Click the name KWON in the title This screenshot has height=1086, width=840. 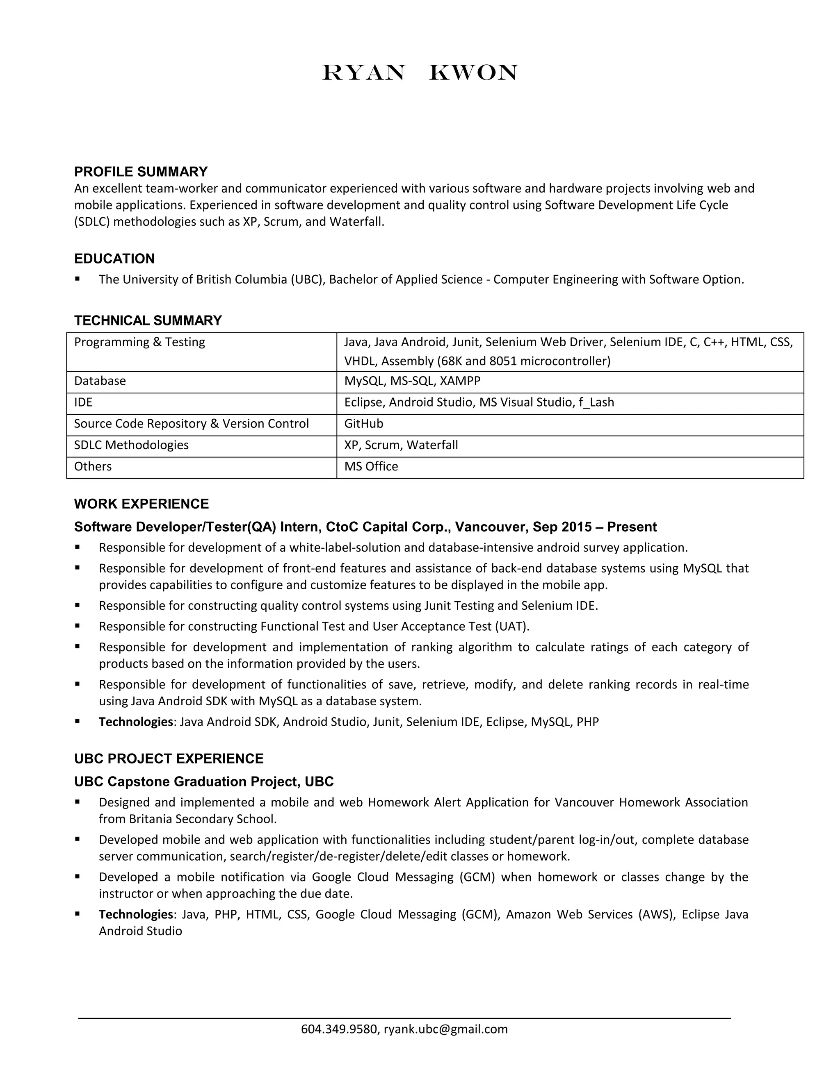pyautogui.click(x=473, y=73)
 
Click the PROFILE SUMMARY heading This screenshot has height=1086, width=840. pyautogui.click(x=141, y=172)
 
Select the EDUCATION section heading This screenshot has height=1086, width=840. pyautogui.click(x=114, y=259)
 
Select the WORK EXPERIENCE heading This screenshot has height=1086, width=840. pyautogui.click(x=142, y=504)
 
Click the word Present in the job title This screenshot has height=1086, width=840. pyautogui.click(x=632, y=527)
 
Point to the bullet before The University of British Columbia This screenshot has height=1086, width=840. pyautogui.click(x=78, y=279)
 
